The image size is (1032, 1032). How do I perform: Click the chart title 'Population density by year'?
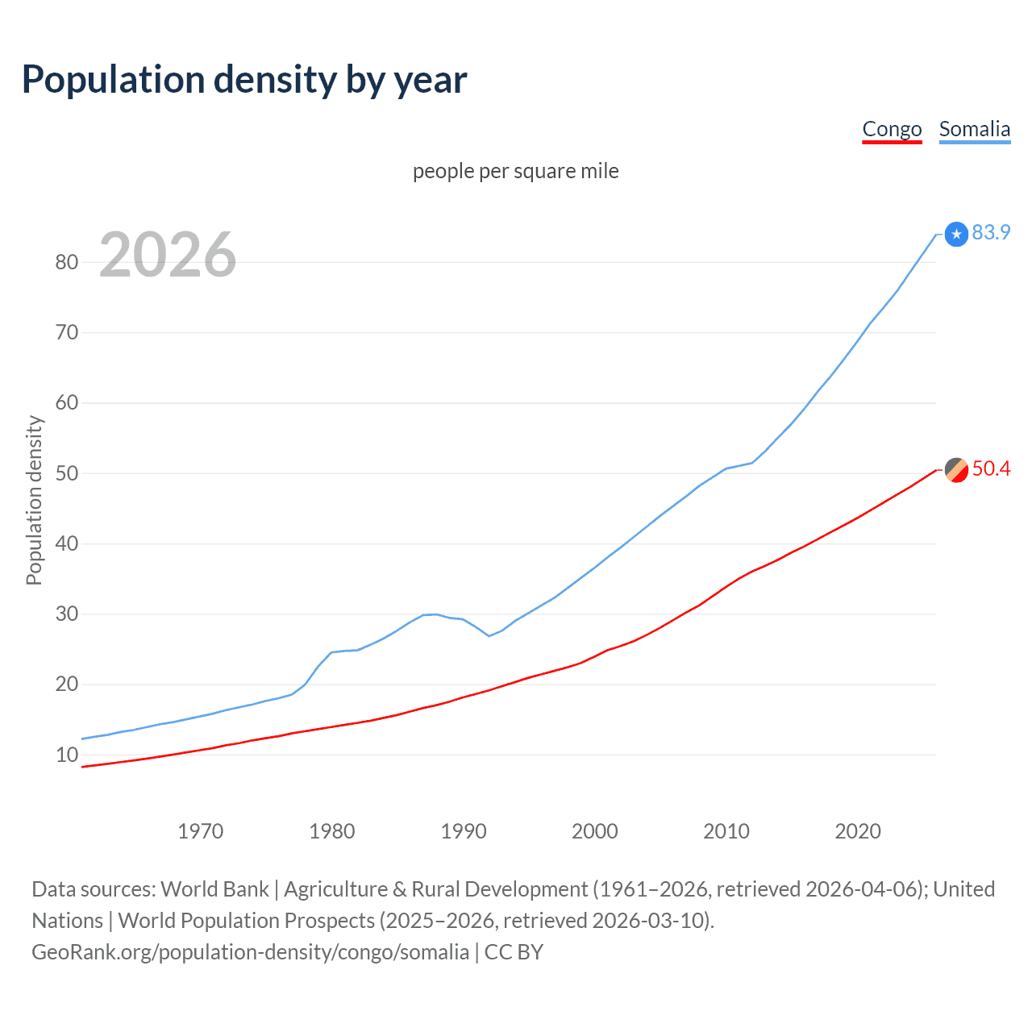tap(244, 80)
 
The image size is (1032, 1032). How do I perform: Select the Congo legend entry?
tap(892, 129)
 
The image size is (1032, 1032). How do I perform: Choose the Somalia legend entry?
tap(974, 129)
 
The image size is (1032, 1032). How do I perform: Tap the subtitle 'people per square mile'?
tap(515, 171)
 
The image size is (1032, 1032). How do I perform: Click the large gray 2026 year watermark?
tap(168, 255)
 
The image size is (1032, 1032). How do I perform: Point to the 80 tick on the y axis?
tap(67, 262)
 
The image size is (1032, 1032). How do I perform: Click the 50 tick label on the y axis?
tap(67, 473)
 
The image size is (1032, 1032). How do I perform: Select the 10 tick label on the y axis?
tap(67, 755)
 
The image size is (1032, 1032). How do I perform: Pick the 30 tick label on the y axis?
tap(67, 614)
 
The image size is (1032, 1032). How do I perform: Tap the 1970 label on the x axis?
tap(200, 831)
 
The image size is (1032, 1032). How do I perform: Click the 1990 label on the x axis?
tap(464, 831)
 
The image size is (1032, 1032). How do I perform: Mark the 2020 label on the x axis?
tap(858, 831)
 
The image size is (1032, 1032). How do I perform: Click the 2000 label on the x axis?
tap(595, 831)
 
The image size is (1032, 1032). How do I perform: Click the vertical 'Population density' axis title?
tap(34, 500)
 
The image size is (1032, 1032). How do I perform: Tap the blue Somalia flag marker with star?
tap(956, 234)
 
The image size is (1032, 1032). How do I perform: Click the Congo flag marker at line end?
tap(956, 469)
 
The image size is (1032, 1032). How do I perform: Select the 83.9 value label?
tap(991, 232)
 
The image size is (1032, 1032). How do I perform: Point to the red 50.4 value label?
tap(991, 468)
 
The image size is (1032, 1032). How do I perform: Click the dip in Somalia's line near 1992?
tap(489, 635)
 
